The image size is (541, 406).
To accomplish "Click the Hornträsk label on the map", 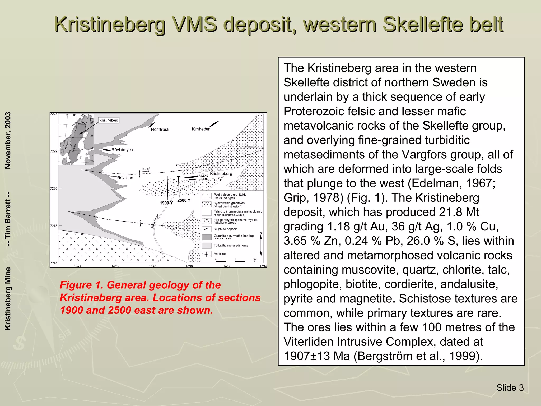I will tap(160, 129).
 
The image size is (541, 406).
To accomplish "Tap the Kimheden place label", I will tap(201, 129).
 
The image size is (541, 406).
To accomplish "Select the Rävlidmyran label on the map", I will tap(123, 150).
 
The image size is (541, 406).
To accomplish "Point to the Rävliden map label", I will tap(125, 178).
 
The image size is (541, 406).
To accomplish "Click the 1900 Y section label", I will tap(166, 203).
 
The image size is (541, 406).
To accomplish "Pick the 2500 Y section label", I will tap(184, 200).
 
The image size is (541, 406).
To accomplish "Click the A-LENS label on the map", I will tap(203, 176).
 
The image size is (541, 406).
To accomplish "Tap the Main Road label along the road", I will tap(155, 221).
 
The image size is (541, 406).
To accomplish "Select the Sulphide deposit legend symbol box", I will tap(207, 229).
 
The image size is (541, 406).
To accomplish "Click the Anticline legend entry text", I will tap(220, 254).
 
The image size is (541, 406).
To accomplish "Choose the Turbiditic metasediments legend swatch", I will tap(207, 246).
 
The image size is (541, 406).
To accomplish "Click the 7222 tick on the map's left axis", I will tap(54, 151).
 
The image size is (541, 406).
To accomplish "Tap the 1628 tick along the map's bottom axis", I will tap(152, 266).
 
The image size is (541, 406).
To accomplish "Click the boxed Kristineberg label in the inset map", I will tap(109, 120).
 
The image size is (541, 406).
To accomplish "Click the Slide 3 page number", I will tap(510, 388).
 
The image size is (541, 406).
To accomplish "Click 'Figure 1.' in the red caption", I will tap(82, 285).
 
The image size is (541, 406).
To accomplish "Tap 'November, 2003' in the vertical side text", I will tap(8, 140).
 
